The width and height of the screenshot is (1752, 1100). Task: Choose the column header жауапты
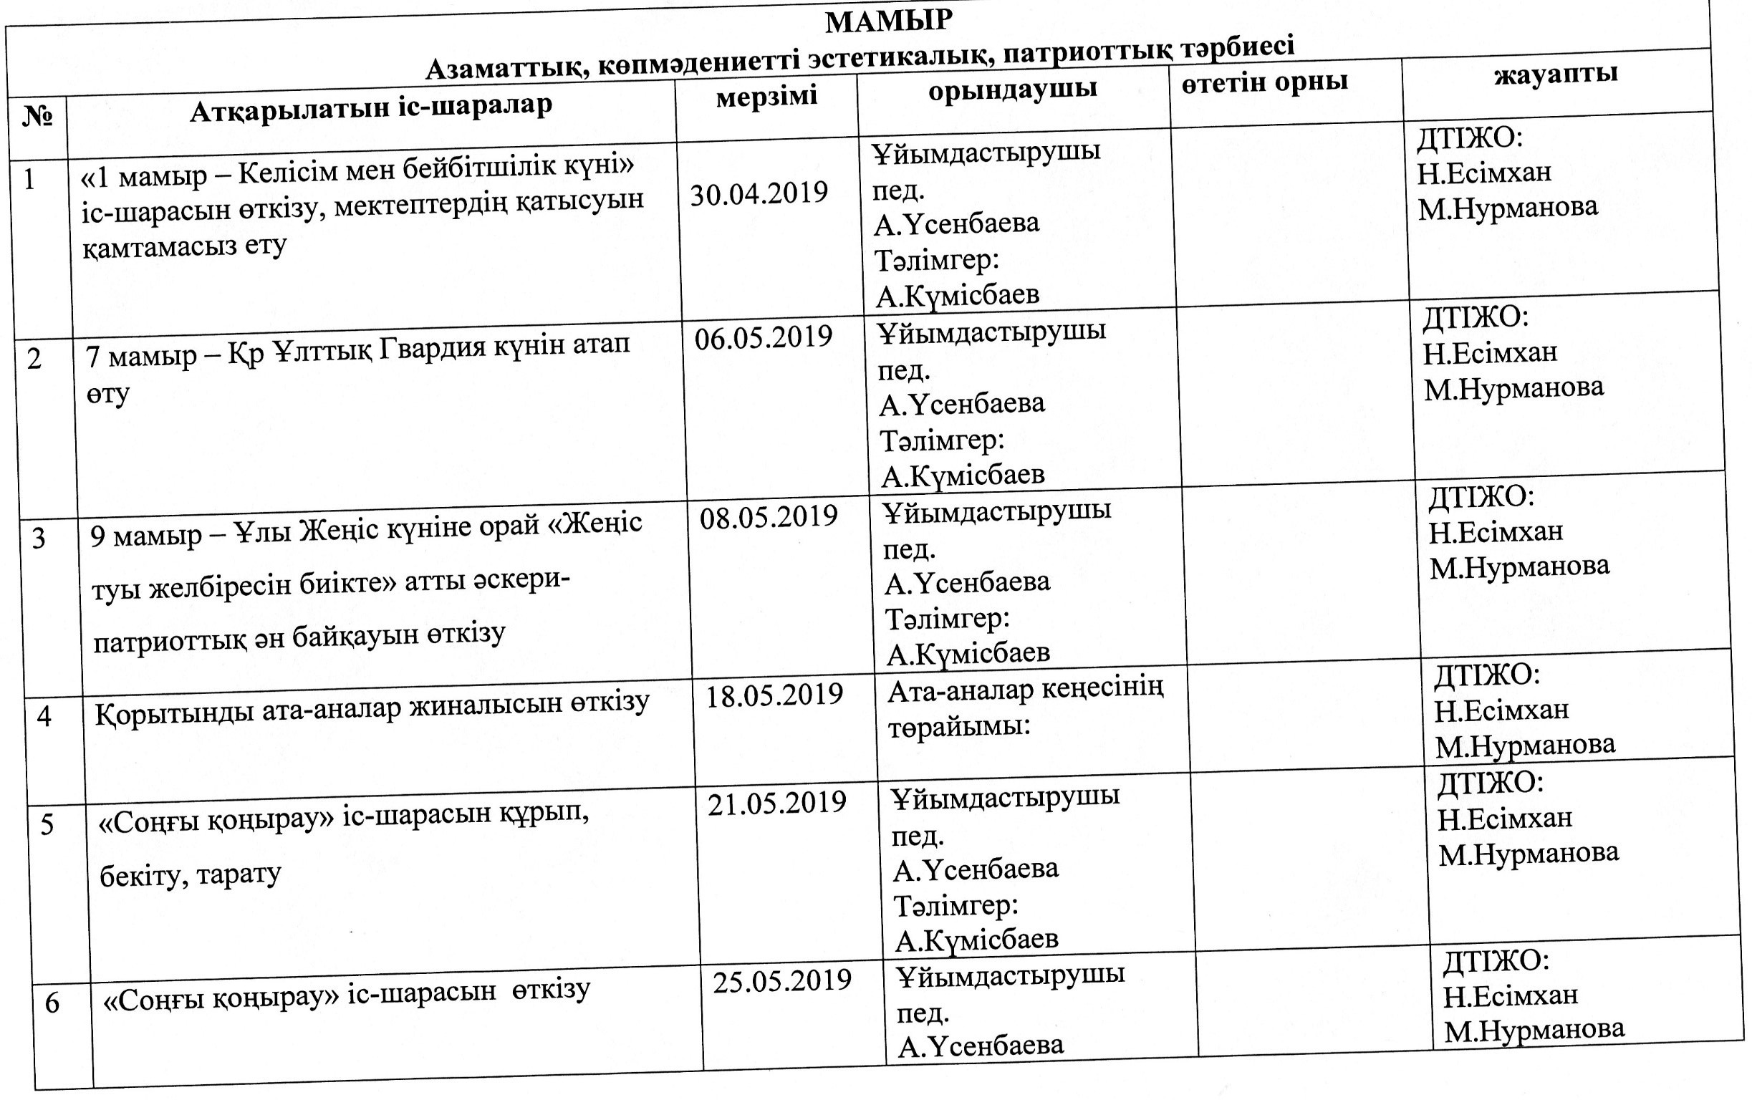click(1556, 74)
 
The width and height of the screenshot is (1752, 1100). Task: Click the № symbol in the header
click(37, 116)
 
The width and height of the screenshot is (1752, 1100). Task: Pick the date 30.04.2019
click(759, 194)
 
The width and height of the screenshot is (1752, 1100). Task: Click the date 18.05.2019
click(774, 695)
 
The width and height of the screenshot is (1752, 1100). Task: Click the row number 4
click(44, 718)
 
